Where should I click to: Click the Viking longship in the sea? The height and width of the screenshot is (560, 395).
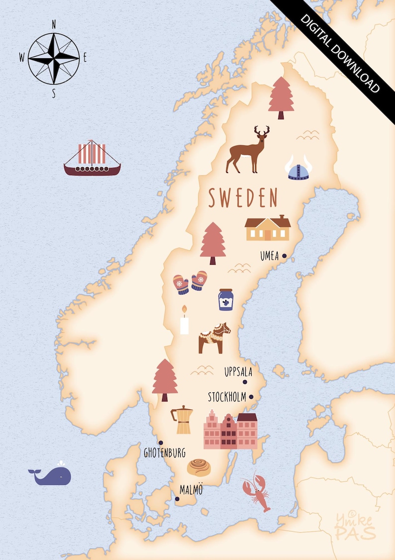tap(92, 159)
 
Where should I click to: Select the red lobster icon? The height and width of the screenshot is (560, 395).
tap(257, 492)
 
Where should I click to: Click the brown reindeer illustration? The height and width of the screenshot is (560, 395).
tap(248, 150)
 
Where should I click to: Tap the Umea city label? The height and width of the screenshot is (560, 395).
tap(269, 257)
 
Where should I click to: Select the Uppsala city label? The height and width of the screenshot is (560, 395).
tap(238, 372)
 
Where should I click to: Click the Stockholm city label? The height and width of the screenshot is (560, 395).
tap(227, 397)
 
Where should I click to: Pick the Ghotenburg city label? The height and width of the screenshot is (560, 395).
tap(165, 453)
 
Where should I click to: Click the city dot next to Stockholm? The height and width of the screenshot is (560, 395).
tap(251, 397)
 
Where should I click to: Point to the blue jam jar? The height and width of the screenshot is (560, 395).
tap(225, 300)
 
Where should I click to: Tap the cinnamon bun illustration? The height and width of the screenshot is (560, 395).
tap(200, 467)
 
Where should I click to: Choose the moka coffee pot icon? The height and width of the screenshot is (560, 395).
tap(182, 420)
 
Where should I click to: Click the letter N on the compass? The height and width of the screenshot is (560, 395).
tap(54, 24)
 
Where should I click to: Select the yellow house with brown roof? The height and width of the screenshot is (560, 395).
tap(268, 228)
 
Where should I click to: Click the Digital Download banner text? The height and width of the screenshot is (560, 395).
tap(340, 52)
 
